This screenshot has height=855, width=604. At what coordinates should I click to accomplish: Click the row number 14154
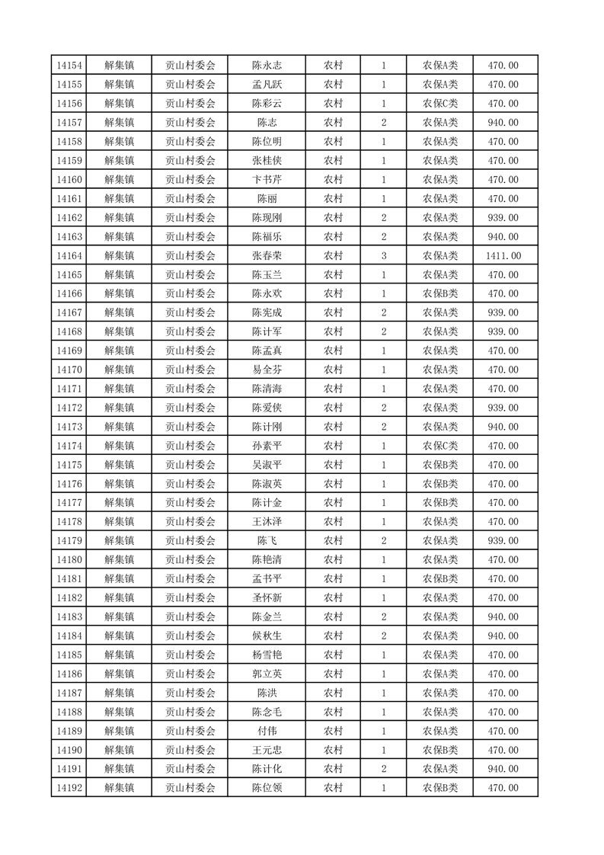(x=69, y=66)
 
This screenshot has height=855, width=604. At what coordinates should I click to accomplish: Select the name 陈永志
(x=267, y=66)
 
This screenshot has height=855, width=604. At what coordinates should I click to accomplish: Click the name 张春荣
(x=267, y=255)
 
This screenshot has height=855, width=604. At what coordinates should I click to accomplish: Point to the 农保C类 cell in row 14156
(x=440, y=104)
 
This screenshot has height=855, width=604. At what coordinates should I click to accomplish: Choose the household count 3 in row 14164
(x=383, y=255)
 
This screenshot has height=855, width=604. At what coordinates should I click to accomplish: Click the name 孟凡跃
(x=267, y=85)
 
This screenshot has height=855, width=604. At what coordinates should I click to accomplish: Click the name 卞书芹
(x=267, y=180)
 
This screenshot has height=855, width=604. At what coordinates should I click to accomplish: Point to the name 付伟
(x=267, y=731)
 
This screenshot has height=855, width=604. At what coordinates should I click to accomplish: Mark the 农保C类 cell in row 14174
(x=440, y=446)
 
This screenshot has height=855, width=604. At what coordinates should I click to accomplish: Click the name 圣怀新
(x=267, y=597)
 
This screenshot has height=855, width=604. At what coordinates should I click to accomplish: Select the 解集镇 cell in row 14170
(x=119, y=370)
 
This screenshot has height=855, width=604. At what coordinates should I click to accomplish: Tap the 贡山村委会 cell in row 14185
(x=190, y=655)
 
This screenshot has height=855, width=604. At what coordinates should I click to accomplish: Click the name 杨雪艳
(x=267, y=655)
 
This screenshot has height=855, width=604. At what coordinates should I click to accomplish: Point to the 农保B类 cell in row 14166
(x=440, y=293)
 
